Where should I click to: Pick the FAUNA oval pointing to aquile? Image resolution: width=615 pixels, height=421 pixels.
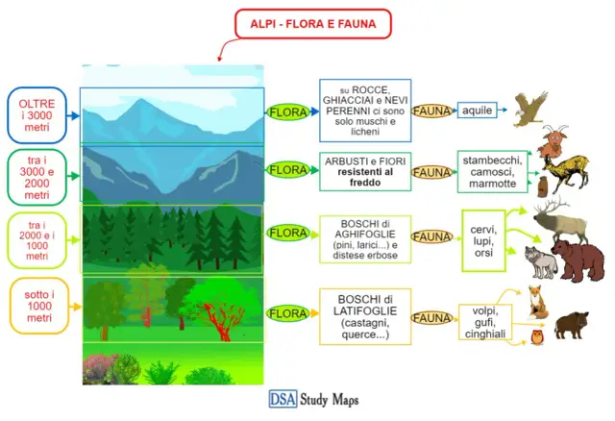coord(432,111)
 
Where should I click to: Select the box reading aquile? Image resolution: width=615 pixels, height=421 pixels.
coord(478,111)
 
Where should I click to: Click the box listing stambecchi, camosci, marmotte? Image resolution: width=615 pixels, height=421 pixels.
coord(491,171)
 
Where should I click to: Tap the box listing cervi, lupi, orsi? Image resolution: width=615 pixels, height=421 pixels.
coord(482,236)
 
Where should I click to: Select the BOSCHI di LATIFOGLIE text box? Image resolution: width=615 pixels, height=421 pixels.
coord(364,313)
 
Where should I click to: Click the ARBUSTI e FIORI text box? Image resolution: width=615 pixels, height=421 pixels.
coord(364,171)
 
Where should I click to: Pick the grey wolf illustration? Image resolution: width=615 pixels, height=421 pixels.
coord(538,261)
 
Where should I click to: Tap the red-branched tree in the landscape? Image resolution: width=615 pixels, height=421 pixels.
coord(218,314)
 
